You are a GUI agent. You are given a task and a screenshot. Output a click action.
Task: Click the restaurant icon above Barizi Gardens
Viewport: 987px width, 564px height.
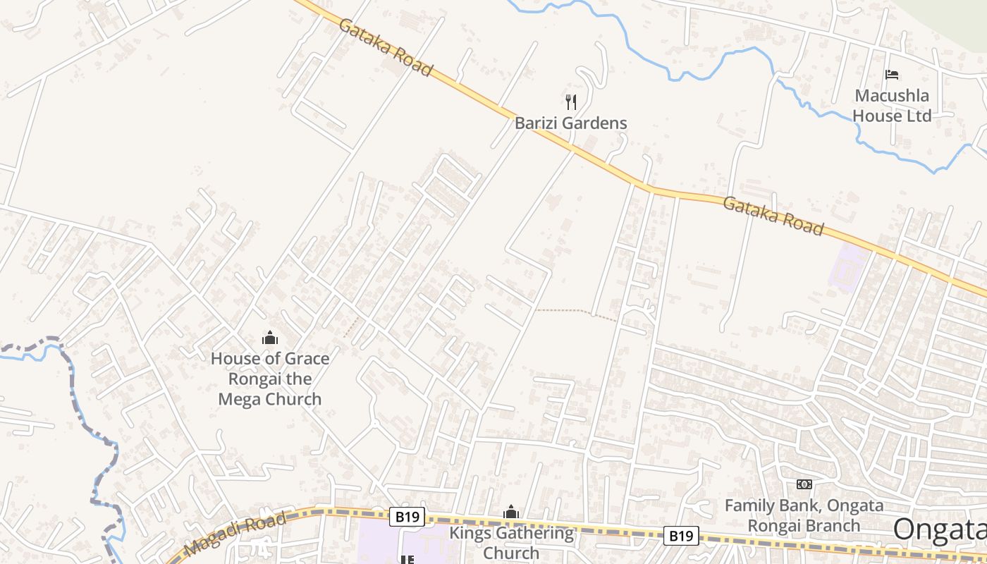pyautogui.click(x=571, y=102)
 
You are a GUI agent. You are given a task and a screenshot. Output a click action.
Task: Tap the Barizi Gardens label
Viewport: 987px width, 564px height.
pyautogui.click(x=570, y=123)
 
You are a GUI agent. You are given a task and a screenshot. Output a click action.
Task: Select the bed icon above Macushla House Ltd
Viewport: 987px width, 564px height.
pyautogui.click(x=892, y=74)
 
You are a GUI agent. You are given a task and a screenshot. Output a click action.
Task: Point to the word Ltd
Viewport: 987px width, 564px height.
pyautogui.click(x=917, y=116)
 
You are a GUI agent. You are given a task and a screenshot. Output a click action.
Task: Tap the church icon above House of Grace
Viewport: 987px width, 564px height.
pyautogui.click(x=270, y=338)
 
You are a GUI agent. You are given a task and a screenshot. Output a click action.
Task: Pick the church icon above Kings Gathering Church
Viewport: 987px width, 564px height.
pyautogui.click(x=511, y=512)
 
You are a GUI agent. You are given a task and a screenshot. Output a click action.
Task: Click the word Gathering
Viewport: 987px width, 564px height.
pyautogui.click(x=533, y=533)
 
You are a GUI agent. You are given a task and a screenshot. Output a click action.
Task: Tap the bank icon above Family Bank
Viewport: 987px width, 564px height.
pyautogui.click(x=804, y=484)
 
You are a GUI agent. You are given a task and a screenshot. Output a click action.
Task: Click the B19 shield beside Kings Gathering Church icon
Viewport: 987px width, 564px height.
pyautogui.click(x=407, y=517)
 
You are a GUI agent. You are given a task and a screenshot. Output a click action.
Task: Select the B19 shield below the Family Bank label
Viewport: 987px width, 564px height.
pyautogui.click(x=681, y=536)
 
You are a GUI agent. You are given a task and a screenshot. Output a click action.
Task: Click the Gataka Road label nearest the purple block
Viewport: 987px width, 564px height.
pyautogui.click(x=773, y=216)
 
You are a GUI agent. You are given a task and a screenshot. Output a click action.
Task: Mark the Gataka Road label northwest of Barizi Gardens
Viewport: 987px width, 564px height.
pyautogui.click(x=385, y=47)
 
